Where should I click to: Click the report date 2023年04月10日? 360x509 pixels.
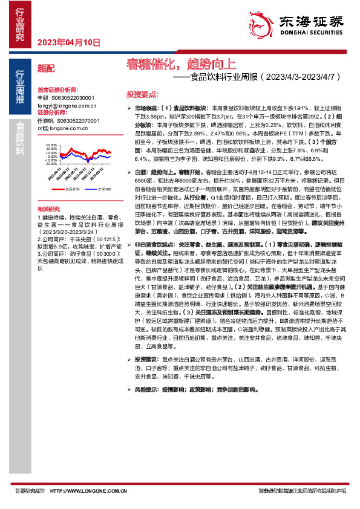(x=68, y=42)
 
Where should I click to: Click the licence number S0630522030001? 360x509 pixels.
(x=73, y=97)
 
